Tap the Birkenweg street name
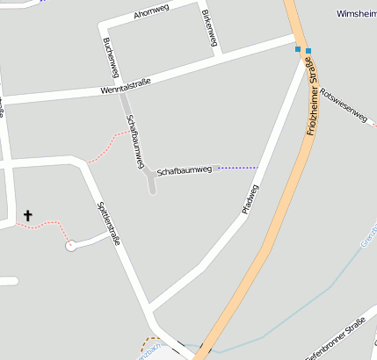[x=210, y=32]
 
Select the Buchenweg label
[x=110, y=57]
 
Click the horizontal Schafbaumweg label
[x=185, y=169]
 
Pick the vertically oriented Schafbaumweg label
[x=134, y=143]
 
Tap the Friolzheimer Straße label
[x=313, y=104]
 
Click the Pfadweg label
[x=250, y=200]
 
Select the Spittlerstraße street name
[x=107, y=222]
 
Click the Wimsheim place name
[x=357, y=14]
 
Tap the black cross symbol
[x=28, y=214]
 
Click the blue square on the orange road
[x=308, y=50]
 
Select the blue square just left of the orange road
[x=298, y=48]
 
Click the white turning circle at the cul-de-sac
[x=70, y=247]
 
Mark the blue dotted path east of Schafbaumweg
[x=237, y=167]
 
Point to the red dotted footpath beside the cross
[x=48, y=226]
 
